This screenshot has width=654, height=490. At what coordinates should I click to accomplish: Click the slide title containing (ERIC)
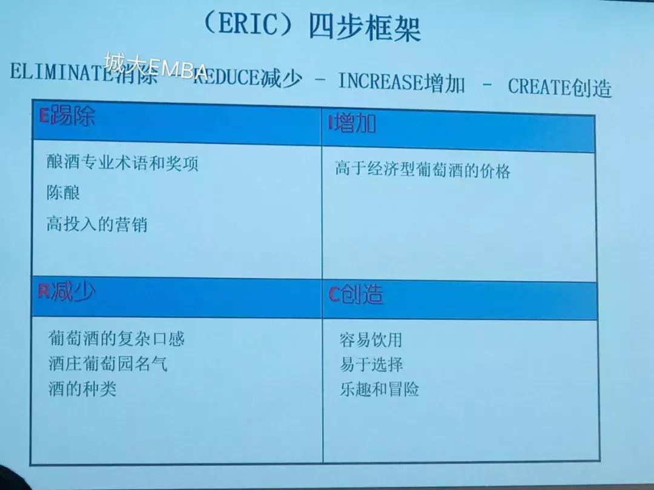point(312,27)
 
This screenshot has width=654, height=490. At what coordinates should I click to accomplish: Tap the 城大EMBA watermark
point(156,65)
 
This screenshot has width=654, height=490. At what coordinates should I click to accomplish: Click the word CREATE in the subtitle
point(538,87)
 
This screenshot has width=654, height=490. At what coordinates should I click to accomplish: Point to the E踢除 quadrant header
point(67,116)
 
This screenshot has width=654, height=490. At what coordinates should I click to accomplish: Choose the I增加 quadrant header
point(352,124)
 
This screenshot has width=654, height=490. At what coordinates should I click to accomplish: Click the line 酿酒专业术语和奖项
point(122,163)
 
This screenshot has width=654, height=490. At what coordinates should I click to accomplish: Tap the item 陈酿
point(63,193)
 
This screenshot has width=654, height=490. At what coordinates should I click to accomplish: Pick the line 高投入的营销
point(97,225)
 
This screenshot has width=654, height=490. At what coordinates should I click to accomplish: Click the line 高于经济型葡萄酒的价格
point(423,170)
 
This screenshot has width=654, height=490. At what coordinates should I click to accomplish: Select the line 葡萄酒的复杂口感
point(116,338)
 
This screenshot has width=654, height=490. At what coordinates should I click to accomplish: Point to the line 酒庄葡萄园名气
point(108,363)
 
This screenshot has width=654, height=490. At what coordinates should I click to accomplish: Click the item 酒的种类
point(82,389)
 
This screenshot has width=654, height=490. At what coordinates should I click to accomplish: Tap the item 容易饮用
point(371,340)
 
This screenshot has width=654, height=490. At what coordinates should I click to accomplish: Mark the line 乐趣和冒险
point(380,389)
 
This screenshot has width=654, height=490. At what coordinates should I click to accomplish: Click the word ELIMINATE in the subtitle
point(59,72)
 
